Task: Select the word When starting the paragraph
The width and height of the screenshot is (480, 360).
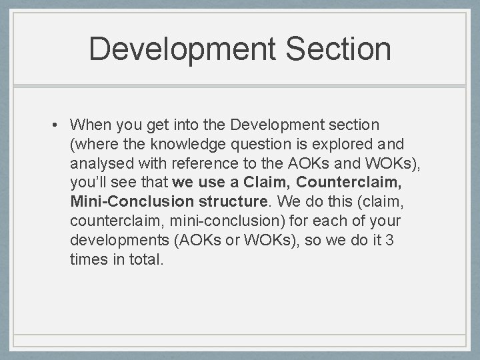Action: point(91,125)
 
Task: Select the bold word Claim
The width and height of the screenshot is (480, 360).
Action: point(263,182)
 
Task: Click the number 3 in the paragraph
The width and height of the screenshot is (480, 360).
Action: point(389,240)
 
